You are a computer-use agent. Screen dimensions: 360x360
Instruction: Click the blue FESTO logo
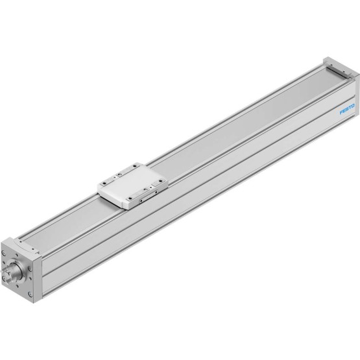[347, 109]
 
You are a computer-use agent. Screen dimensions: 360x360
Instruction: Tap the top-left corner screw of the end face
[3, 253]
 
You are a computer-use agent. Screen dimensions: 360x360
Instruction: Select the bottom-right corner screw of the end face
[30, 294]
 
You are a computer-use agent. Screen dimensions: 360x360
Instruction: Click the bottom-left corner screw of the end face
[3, 279]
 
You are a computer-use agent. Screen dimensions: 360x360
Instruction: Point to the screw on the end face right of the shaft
[30, 269]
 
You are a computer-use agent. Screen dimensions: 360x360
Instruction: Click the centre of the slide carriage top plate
[133, 186]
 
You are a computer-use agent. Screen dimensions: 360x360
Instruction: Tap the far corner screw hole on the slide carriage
[134, 166]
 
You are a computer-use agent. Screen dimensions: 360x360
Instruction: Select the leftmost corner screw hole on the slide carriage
[104, 184]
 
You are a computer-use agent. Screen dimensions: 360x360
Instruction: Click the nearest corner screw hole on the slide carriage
[130, 198]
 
